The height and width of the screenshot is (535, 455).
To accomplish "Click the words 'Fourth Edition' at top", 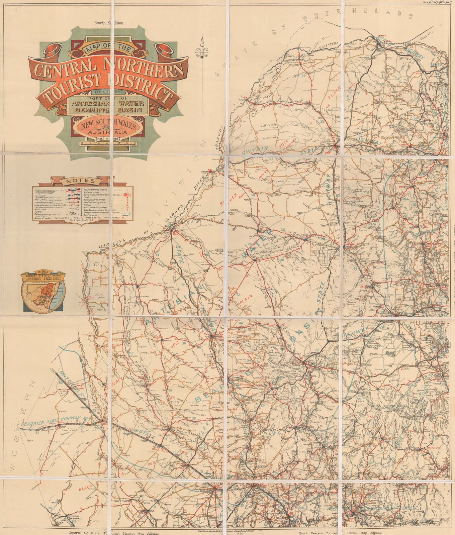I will (108, 23).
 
